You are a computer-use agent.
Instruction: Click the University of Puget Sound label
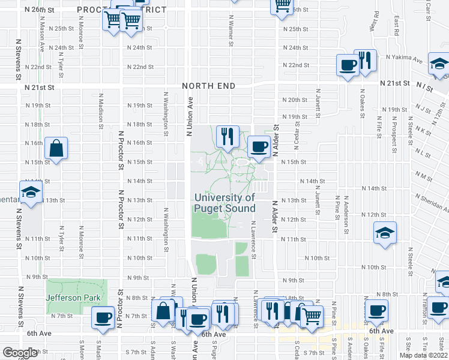click(x=224, y=203)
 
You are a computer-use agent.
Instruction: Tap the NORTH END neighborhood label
click(x=209, y=86)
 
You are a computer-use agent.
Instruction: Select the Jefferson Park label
click(x=74, y=297)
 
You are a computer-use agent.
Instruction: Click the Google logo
click(x=20, y=353)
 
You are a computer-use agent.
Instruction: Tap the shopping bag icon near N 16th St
click(x=56, y=149)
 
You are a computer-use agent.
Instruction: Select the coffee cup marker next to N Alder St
click(x=259, y=147)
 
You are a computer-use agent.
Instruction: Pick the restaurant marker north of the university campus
click(x=227, y=137)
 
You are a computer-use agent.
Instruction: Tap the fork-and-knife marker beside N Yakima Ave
click(x=366, y=61)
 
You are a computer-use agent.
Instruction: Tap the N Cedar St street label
click(x=297, y=137)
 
